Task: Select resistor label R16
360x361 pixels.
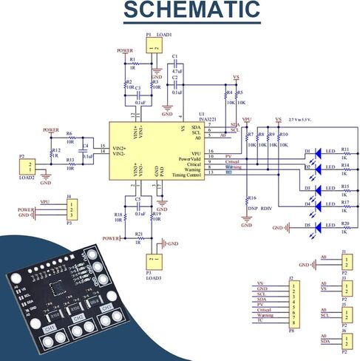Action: [252, 198]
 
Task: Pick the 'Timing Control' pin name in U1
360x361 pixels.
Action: [186, 175]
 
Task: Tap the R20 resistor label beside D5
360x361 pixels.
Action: [344, 223]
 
